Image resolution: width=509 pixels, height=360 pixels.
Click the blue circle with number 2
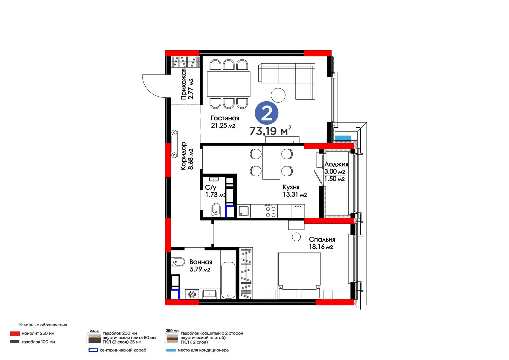[x=266, y=113]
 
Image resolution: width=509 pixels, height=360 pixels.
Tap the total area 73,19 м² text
[x=270, y=131]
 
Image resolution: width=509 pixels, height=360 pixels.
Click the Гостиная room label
[x=225, y=118]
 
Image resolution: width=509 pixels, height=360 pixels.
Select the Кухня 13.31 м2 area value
[x=295, y=194]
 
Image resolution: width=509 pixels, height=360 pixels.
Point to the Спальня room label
[x=322, y=239]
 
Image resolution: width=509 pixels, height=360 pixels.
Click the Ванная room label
[x=201, y=262]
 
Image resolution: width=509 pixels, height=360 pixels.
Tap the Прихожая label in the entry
[x=183, y=84]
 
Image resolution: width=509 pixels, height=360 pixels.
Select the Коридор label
[x=183, y=156]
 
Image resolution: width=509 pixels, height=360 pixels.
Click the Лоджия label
[x=336, y=164]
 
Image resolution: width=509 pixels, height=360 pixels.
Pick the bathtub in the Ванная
[x=228, y=280]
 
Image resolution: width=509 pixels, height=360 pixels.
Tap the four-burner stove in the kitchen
[x=271, y=211]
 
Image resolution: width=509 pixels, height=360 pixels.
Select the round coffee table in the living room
[x=278, y=95]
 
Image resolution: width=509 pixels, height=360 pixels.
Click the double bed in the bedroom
[x=299, y=275]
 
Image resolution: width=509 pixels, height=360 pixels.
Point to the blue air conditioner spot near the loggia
[x=343, y=138]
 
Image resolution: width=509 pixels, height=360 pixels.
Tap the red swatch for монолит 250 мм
[x=15, y=334]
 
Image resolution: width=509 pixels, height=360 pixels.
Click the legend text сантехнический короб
[x=123, y=350]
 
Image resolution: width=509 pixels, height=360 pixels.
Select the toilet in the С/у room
[x=216, y=210]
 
